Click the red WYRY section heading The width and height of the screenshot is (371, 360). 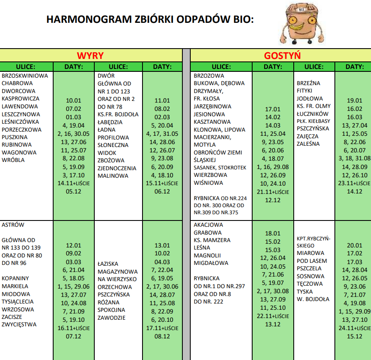pyautogui.click(x=90, y=56)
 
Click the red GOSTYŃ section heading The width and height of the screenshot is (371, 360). pyautogui.click(x=282, y=56)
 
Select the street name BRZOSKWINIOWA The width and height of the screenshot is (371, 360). pyautogui.click(x=25, y=76)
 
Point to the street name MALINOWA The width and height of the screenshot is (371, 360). pyautogui.click(x=113, y=176)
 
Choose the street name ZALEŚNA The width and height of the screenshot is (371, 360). pyautogui.click(x=308, y=144)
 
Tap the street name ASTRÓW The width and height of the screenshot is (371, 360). pyautogui.click(x=13, y=225)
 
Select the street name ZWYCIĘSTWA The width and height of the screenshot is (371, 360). pyautogui.click(x=19, y=325)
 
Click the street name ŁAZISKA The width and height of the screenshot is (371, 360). pyautogui.click(x=108, y=264)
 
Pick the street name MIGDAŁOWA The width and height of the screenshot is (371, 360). pyautogui.click(x=211, y=263)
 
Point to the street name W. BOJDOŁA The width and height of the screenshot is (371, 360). pyautogui.click(x=313, y=299)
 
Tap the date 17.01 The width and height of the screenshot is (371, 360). pyautogui.click(x=273, y=109)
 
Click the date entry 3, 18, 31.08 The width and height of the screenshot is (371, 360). pyautogui.click(x=354, y=158)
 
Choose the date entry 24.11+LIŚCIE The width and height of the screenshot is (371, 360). pyautogui.click(x=354, y=328)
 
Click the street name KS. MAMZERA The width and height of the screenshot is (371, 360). pyautogui.click(x=212, y=240)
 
